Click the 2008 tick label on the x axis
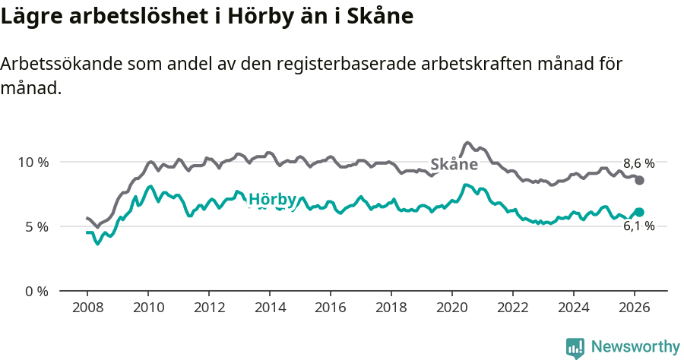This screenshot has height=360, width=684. [x=87, y=308]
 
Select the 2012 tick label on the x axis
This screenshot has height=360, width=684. [x=208, y=308]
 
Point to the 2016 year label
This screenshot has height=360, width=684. [x=330, y=308]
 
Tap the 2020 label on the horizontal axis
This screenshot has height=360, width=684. [x=452, y=308]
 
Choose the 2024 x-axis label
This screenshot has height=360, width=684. [x=574, y=308]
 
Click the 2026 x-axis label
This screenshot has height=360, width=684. [x=635, y=308]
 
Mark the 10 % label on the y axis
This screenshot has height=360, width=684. [x=33, y=162]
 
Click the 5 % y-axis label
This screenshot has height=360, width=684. [x=36, y=226]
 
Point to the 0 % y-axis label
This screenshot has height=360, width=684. [x=36, y=291]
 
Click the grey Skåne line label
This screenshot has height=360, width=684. [x=454, y=164]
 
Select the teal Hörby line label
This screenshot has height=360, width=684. [x=272, y=200]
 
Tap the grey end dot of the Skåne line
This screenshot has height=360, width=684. [x=640, y=180]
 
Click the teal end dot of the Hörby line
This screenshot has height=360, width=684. [x=640, y=212]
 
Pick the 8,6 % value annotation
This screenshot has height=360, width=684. [x=638, y=163]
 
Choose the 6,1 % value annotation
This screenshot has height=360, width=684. [x=638, y=226]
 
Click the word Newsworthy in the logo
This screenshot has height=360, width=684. [x=635, y=347]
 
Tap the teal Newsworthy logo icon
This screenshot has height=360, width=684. [x=575, y=348]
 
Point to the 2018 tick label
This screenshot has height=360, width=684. [x=391, y=308]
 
